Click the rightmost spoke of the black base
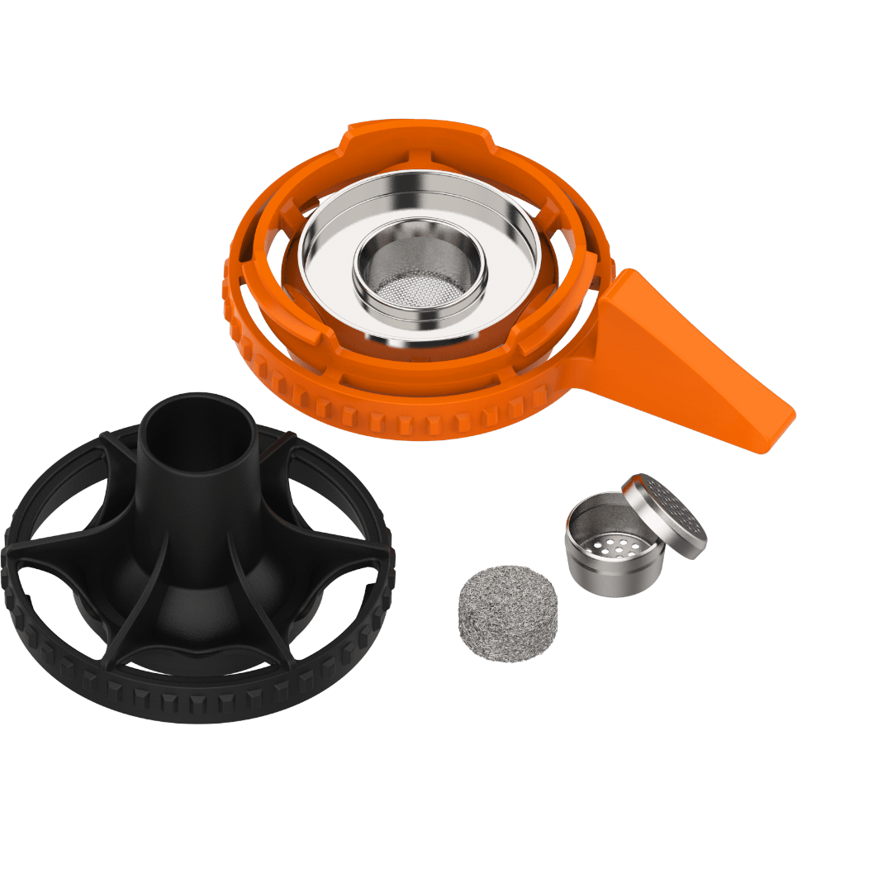[x=347, y=545]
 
